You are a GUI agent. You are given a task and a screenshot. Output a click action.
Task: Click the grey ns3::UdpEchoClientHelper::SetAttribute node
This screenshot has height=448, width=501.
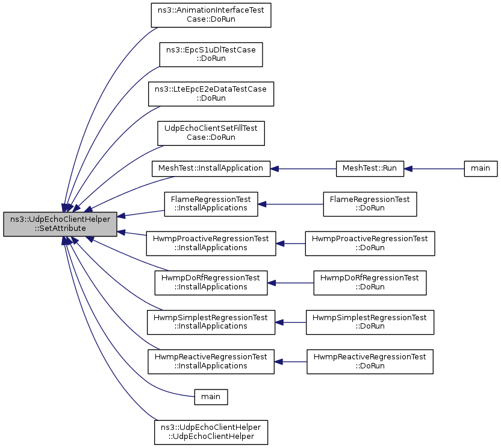pyautogui.click(x=60, y=224)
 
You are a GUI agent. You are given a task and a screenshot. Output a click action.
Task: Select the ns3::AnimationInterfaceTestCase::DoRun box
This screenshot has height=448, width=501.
pyautogui.click(x=211, y=15)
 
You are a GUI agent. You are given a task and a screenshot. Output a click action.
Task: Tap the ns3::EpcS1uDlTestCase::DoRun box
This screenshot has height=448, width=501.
pyautogui.click(x=211, y=54)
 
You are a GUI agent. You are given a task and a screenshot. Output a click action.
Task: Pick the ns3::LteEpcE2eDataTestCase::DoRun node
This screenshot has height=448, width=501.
pyautogui.click(x=211, y=94)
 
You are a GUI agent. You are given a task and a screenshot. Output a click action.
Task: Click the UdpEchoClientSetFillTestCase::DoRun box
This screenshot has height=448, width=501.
pyautogui.click(x=211, y=133)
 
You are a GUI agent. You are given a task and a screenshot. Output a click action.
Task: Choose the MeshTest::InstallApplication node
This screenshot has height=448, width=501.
pyautogui.click(x=211, y=169)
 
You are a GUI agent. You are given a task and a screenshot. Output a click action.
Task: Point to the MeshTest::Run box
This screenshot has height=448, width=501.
pyautogui.click(x=370, y=169)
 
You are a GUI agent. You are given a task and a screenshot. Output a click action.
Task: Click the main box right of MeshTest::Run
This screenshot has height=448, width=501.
pyautogui.click(x=481, y=169)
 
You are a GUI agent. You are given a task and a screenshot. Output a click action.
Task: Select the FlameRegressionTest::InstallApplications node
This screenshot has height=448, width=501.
pyautogui.click(x=211, y=204)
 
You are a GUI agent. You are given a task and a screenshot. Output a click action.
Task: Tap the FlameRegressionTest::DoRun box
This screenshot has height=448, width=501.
pyautogui.click(x=370, y=204)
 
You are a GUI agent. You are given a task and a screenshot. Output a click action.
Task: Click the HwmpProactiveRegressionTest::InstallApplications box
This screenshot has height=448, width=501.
pyautogui.click(x=211, y=244)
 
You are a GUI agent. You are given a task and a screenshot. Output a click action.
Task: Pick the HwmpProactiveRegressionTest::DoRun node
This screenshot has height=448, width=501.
pyautogui.click(x=370, y=244)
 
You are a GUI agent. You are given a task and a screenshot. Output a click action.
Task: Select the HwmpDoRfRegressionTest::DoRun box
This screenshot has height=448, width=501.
pyautogui.click(x=370, y=283)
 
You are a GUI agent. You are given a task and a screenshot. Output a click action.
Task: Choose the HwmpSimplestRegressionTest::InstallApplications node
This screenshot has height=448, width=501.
pyautogui.click(x=211, y=322)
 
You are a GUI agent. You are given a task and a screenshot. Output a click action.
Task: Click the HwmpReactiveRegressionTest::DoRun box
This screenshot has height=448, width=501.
pyautogui.click(x=370, y=362)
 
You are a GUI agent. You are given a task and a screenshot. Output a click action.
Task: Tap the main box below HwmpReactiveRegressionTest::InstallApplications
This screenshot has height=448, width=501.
pyautogui.click(x=211, y=397)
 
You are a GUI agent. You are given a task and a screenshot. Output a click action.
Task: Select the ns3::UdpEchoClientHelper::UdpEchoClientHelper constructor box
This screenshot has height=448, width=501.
pyautogui.click(x=211, y=432)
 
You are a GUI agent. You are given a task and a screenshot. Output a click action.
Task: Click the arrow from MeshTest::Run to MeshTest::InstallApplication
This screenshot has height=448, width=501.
pyautogui.click(x=303, y=169)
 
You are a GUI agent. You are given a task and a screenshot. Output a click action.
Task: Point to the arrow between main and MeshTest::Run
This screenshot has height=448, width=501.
pyautogui.click(x=434, y=169)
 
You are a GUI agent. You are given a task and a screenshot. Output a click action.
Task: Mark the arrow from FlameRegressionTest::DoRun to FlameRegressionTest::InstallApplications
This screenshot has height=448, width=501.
pyautogui.click(x=290, y=204)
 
